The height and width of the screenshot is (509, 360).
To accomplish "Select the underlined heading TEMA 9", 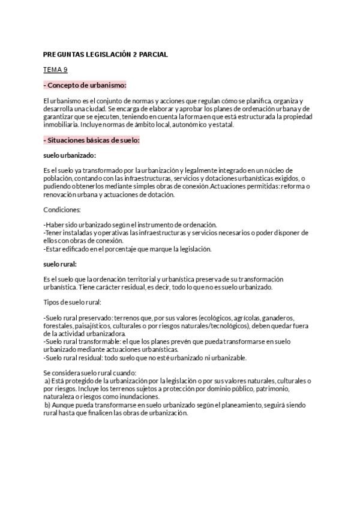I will pos(55,70).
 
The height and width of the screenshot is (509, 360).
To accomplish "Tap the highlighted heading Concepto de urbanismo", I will pos(86,85).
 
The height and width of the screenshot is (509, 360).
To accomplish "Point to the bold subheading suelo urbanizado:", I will pos(70,155).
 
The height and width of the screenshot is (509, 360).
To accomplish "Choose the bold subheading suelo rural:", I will pos(60,264).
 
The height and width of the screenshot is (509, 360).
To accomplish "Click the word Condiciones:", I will pos(62,209).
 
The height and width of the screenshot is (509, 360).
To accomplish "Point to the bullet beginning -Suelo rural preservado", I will pos(78,318).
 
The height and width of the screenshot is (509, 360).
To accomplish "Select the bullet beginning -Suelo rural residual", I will pos(75,358).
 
